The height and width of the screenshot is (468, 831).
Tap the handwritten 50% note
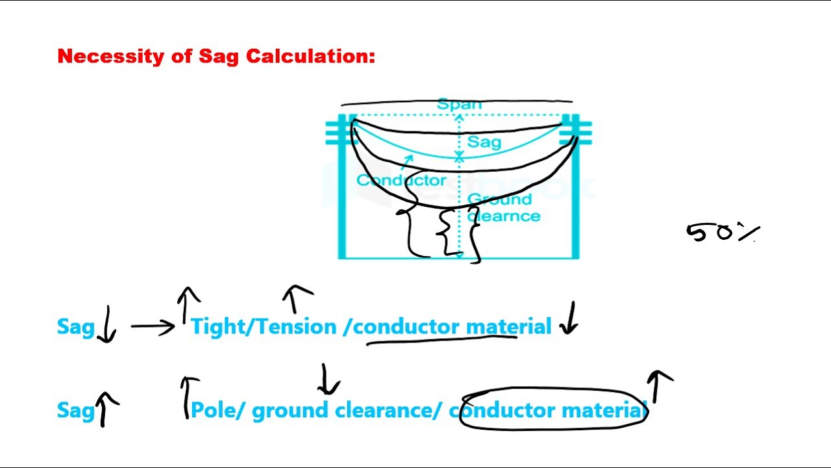pos(722,232)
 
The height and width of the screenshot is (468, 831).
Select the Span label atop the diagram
pos(459,104)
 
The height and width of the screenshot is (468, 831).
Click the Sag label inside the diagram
pos(484,141)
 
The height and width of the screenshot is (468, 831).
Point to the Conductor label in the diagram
pos(401,180)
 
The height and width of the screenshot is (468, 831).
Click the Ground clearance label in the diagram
pos(503,207)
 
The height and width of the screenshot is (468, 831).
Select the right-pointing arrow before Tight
pos(153,326)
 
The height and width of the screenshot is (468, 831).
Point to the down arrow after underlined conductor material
pos(569,318)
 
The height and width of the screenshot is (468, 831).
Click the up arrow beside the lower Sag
pos(106,409)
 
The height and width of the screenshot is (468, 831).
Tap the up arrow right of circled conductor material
pos(658,386)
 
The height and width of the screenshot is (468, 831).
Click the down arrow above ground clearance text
pos(328,380)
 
